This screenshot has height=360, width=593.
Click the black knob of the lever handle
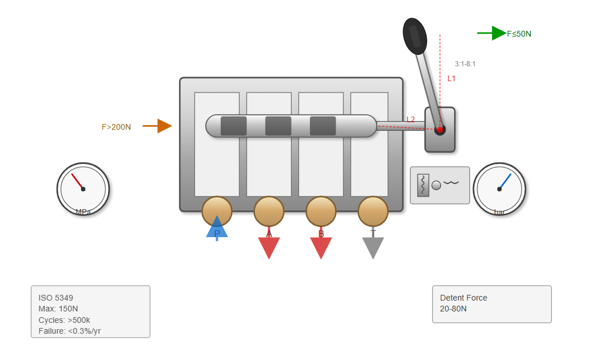pyautogui.click(x=415, y=35)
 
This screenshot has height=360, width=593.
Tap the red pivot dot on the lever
pyautogui.click(x=440, y=130)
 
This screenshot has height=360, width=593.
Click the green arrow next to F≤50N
pyautogui.click(x=492, y=33)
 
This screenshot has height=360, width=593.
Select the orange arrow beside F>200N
pyautogui.click(x=158, y=126)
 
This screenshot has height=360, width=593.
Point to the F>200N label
pyautogui.click(x=116, y=127)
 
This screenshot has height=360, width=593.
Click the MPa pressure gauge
pyautogui.click(x=83, y=189)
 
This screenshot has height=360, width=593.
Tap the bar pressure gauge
pyautogui.click(x=499, y=189)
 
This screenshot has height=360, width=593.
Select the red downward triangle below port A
pyautogui.click(x=269, y=247)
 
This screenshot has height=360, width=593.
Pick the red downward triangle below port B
pyautogui.click(x=321, y=247)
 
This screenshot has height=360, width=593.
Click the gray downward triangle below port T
pyautogui.click(x=373, y=247)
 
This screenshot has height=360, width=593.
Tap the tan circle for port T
pyautogui.click(x=373, y=211)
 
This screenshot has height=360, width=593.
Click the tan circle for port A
pyautogui.click(x=269, y=211)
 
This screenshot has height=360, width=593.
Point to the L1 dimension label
pyautogui.click(x=452, y=78)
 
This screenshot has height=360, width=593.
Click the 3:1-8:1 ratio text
pyautogui.click(x=465, y=64)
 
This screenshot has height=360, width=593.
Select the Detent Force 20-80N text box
pyautogui.click(x=492, y=304)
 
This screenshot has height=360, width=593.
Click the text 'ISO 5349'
pyautogui.click(x=56, y=298)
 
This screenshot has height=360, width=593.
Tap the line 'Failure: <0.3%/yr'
pyautogui.click(x=70, y=330)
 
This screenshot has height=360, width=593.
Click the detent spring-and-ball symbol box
pyautogui.click(x=440, y=185)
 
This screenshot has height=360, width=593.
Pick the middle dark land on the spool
pyautogui.click(x=278, y=126)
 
